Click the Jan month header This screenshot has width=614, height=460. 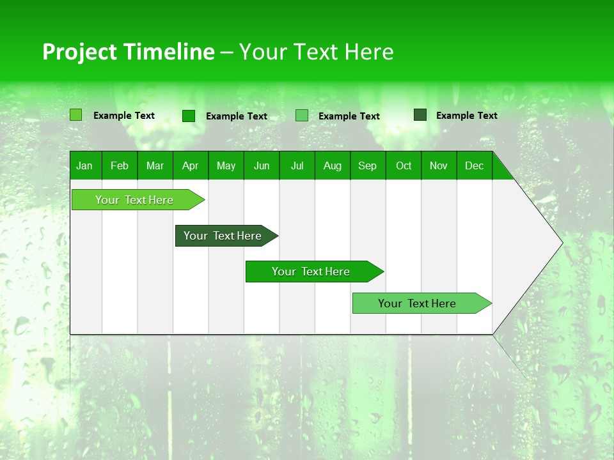pyautogui.click(x=84, y=165)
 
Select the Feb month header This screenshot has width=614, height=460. pyautogui.click(x=120, y=165)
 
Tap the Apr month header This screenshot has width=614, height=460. pyautogui.click(x=190, y=165)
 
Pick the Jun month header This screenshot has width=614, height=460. pyautogui.click(x=262, y=165)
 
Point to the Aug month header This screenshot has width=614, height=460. pyautogui.click(x=332, y=165)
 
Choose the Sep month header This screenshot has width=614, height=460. pyautogui.click(x=367, y=165)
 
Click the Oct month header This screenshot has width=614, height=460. pyautogui.click(x=404, y=165)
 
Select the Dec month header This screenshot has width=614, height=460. pyautogui.click(x=474, y=165)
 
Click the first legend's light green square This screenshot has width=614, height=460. pyautogui.click(x=76, y=115)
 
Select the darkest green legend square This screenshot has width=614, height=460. pyautogui.click(x=420, y=115)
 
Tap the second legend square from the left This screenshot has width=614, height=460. pyautogui.click(x=189, y=116)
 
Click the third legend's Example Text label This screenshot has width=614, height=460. pyautogui.click(x=349, y=116)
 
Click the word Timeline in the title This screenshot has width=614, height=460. pyautogui.click(x=168, y=52)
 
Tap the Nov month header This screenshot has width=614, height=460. pyautogui.click(x=439, y=165)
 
